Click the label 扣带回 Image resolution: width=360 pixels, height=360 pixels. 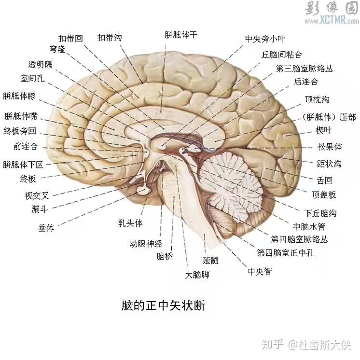pos(70,38)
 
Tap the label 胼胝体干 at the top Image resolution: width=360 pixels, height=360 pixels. pos(180,35)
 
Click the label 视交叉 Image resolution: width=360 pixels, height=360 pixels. pos(37,195)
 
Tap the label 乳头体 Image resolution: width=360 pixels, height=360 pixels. pos(131,223)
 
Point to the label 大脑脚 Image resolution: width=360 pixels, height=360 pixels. pos(197,275)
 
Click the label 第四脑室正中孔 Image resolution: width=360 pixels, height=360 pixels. pos(286,252)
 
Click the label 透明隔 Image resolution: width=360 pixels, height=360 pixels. pos(41,65)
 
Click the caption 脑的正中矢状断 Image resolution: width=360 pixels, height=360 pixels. pos(164,306)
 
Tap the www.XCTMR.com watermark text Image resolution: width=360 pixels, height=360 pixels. pos(328,22)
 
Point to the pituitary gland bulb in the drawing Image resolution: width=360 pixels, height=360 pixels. pos(143,191)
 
